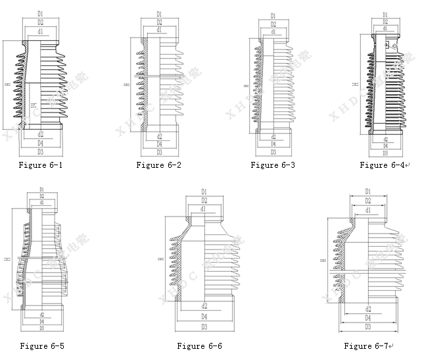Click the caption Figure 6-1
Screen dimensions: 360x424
tap(40, 165)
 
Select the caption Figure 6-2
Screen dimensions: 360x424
tap(158, 165)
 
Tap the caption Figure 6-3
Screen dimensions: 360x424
tap(272, 165)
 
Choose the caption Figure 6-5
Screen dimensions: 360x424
tap(41, 346)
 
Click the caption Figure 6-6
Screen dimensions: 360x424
tap(199, 346)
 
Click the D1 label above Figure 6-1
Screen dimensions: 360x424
tap(40, 13)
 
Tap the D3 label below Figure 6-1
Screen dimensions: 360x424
tap(40, 152)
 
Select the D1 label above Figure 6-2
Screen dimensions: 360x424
tap(159, 13)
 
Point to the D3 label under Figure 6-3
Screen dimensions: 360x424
tap(273, 152)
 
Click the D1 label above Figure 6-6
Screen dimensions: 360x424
tap(204, 192)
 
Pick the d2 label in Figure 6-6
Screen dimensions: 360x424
tap(204, 306)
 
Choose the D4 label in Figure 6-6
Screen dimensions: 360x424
tap(204, 317)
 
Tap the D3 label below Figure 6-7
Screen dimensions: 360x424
tap(367, 326)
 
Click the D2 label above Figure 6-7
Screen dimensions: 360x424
tap(367, 201)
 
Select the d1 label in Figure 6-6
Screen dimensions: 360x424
tap(204, 209)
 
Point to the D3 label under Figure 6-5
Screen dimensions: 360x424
tap(41, 327)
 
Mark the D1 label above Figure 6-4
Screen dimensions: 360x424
tap(385, 14)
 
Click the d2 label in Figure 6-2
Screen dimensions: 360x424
tap(159, 135)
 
